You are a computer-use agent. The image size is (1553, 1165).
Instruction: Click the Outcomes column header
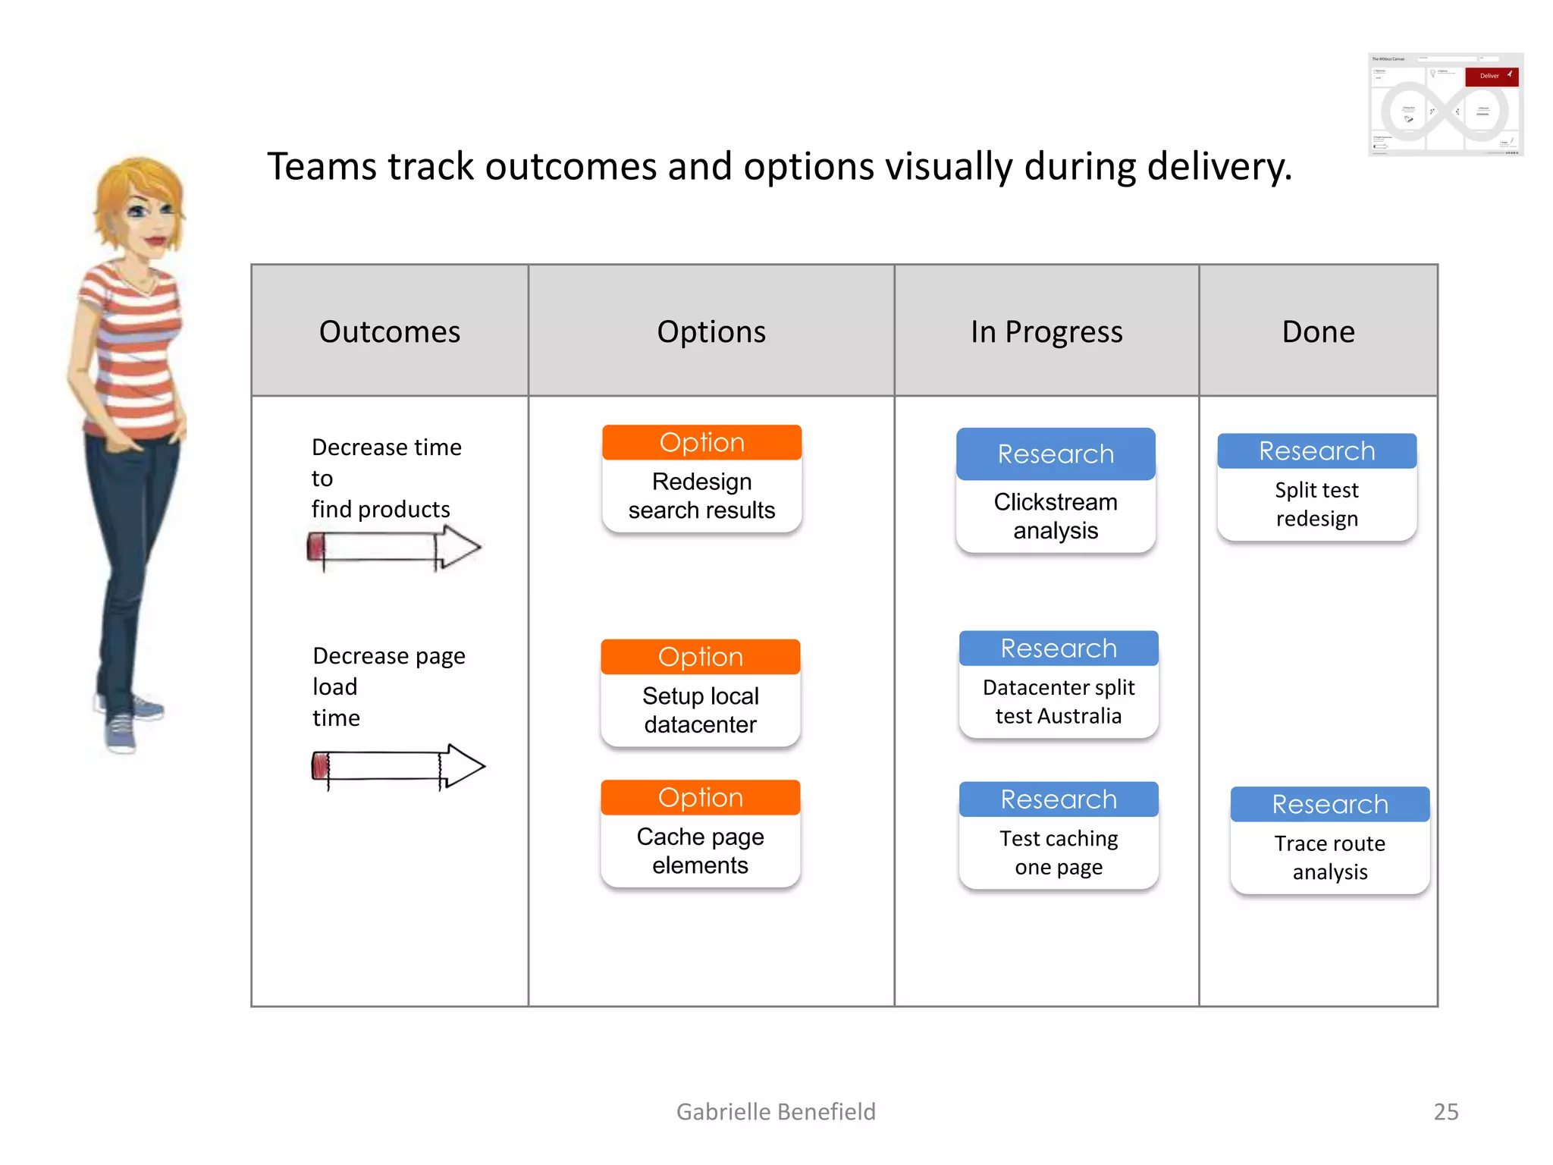389,331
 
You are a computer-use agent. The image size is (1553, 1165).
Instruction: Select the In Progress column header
1046,331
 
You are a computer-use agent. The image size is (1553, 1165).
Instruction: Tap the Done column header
1318,331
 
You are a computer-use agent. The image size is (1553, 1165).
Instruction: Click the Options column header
711,331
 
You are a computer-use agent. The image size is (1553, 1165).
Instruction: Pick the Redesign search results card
701,480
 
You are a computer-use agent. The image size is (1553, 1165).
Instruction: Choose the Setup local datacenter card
700,694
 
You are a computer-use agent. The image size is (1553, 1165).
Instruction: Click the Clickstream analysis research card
1056,491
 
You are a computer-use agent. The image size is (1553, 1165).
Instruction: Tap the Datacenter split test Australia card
1059,685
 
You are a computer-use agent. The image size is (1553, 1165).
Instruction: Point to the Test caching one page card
1059,837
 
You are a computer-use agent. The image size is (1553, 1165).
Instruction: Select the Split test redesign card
1316,488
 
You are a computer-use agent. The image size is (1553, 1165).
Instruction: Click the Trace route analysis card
1330,841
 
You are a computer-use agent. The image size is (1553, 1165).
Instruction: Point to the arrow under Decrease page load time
398,766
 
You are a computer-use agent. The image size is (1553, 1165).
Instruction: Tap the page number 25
1445,1111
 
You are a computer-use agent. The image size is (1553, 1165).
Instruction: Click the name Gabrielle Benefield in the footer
776,1111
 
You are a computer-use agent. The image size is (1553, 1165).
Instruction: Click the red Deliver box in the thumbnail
1491,76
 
